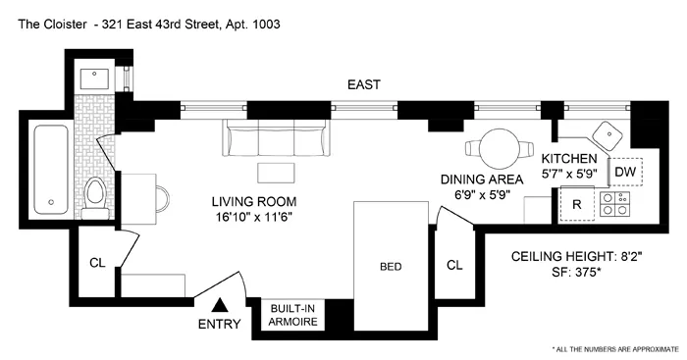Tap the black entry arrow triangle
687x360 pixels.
221,305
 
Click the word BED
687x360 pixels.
392,266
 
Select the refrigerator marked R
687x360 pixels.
579,207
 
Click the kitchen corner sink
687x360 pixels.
609,138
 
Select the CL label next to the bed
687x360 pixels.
453,264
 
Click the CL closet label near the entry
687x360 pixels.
96,262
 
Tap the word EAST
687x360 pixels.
363,85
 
